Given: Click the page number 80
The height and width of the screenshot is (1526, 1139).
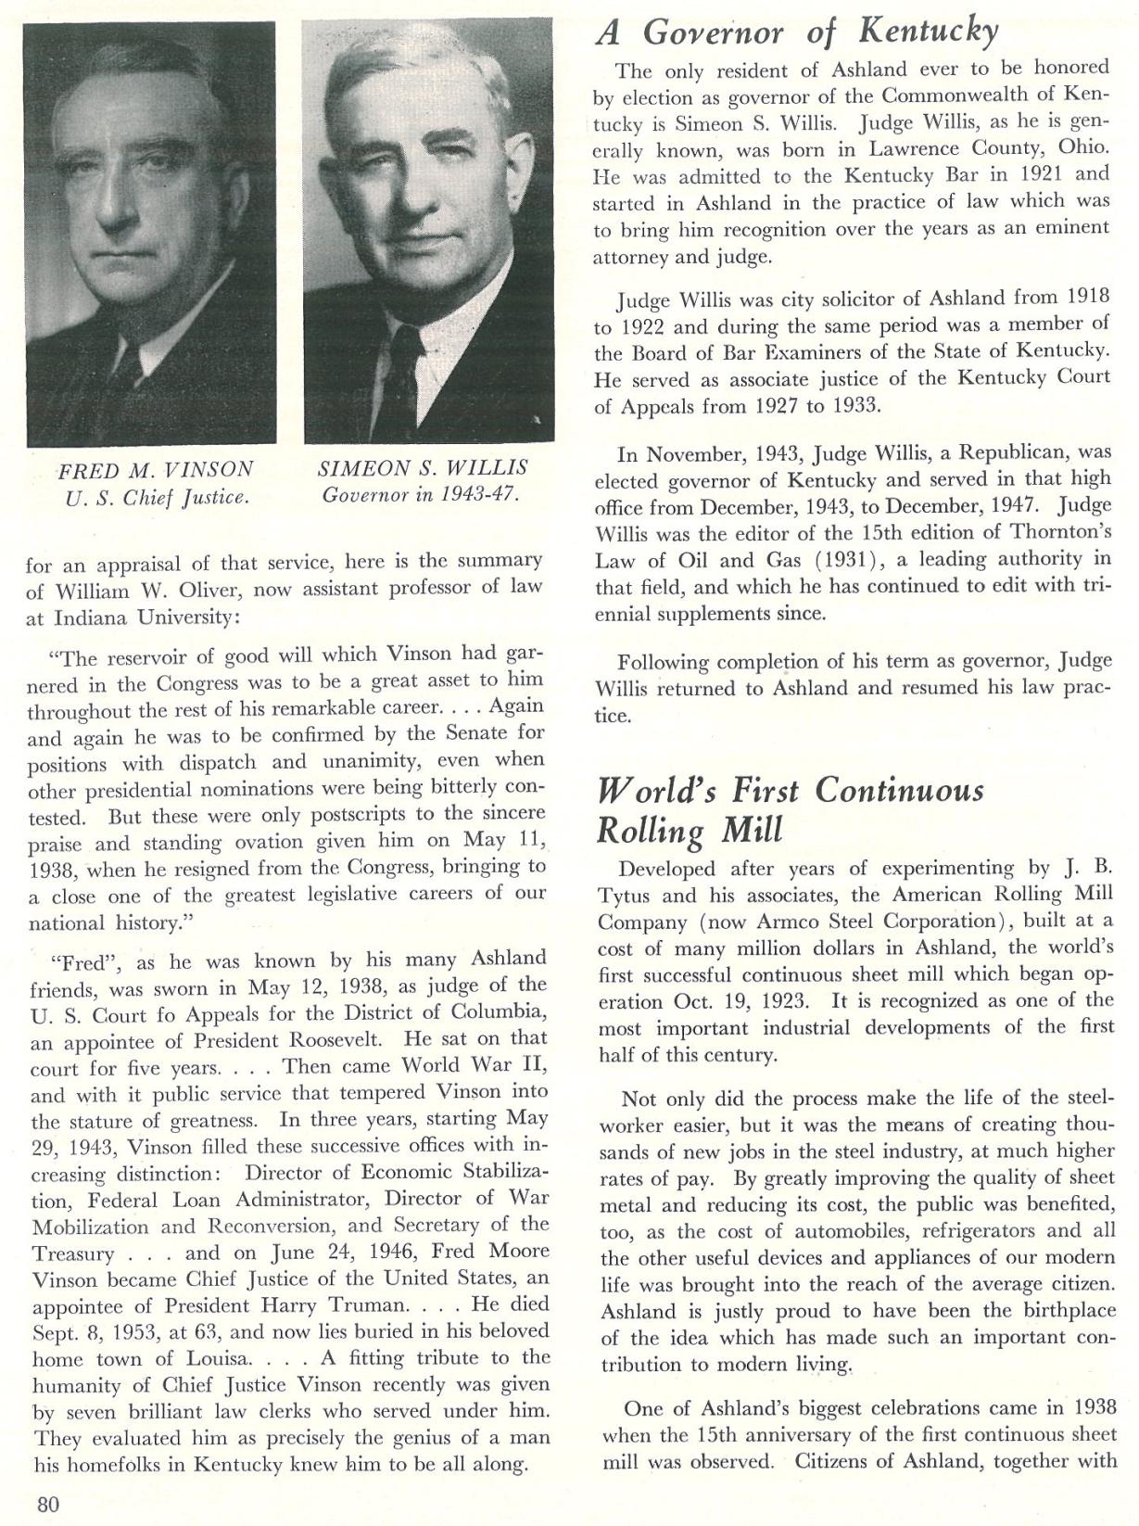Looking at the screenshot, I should click(x=48, y=1503).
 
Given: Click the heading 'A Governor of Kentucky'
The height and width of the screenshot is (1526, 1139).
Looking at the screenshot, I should click(x=797, y=33).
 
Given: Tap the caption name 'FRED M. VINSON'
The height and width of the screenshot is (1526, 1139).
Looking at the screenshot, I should click(x=155, y=469).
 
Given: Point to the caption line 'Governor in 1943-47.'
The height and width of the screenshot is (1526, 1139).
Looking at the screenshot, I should click(x=421, y=495).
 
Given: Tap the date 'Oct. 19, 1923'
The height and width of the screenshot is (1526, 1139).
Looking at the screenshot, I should click(x=722, y=1002).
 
